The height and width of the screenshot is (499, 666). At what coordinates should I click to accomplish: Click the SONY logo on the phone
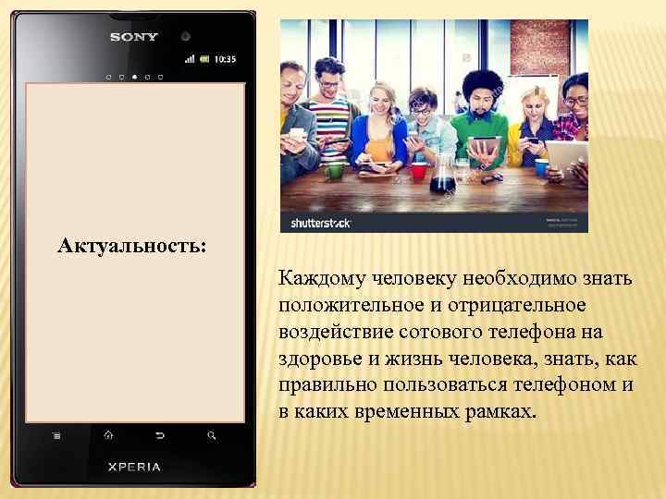134,37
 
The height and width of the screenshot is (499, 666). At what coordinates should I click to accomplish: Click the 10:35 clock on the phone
225,59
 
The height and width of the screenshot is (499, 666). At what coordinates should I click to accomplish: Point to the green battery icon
205,59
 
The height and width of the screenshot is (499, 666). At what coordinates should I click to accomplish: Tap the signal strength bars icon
190,59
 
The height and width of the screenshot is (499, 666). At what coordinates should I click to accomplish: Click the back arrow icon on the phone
160,434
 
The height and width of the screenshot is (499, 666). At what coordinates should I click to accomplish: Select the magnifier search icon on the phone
212,434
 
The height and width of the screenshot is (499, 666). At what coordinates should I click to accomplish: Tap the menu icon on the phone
56,434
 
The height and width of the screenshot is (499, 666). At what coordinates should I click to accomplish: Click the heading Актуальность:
132,247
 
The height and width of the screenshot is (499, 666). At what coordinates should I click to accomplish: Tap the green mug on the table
335,170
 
